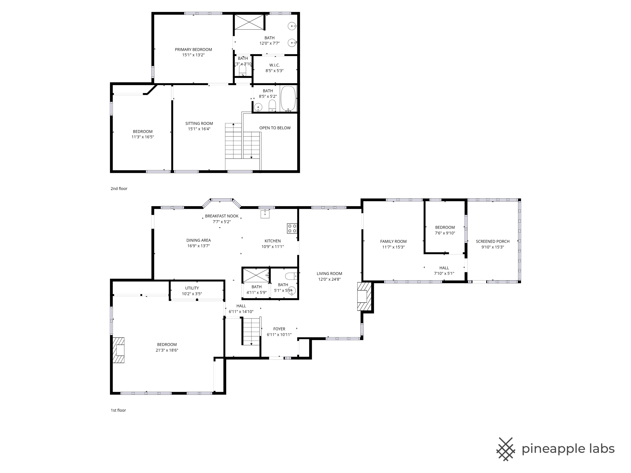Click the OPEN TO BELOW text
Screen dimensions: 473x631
[x=275, y=128]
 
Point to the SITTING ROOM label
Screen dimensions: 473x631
[x=199, y=123]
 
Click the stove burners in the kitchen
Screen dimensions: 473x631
[x=292, y=228]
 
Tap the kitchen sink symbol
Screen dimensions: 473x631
[x=265, y=214]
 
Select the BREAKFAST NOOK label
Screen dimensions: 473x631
[x=222, y=216]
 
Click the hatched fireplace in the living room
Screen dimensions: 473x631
[x=364, y=296]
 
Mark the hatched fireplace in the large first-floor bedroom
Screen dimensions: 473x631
[x=118, y=350]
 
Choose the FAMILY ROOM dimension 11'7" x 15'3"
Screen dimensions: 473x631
[x=393, y=247]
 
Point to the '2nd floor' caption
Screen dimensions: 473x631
[x=119, y=188]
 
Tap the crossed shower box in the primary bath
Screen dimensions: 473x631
[x=249, y=22]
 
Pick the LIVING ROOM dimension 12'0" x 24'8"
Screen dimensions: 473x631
[x=329, y=279]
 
